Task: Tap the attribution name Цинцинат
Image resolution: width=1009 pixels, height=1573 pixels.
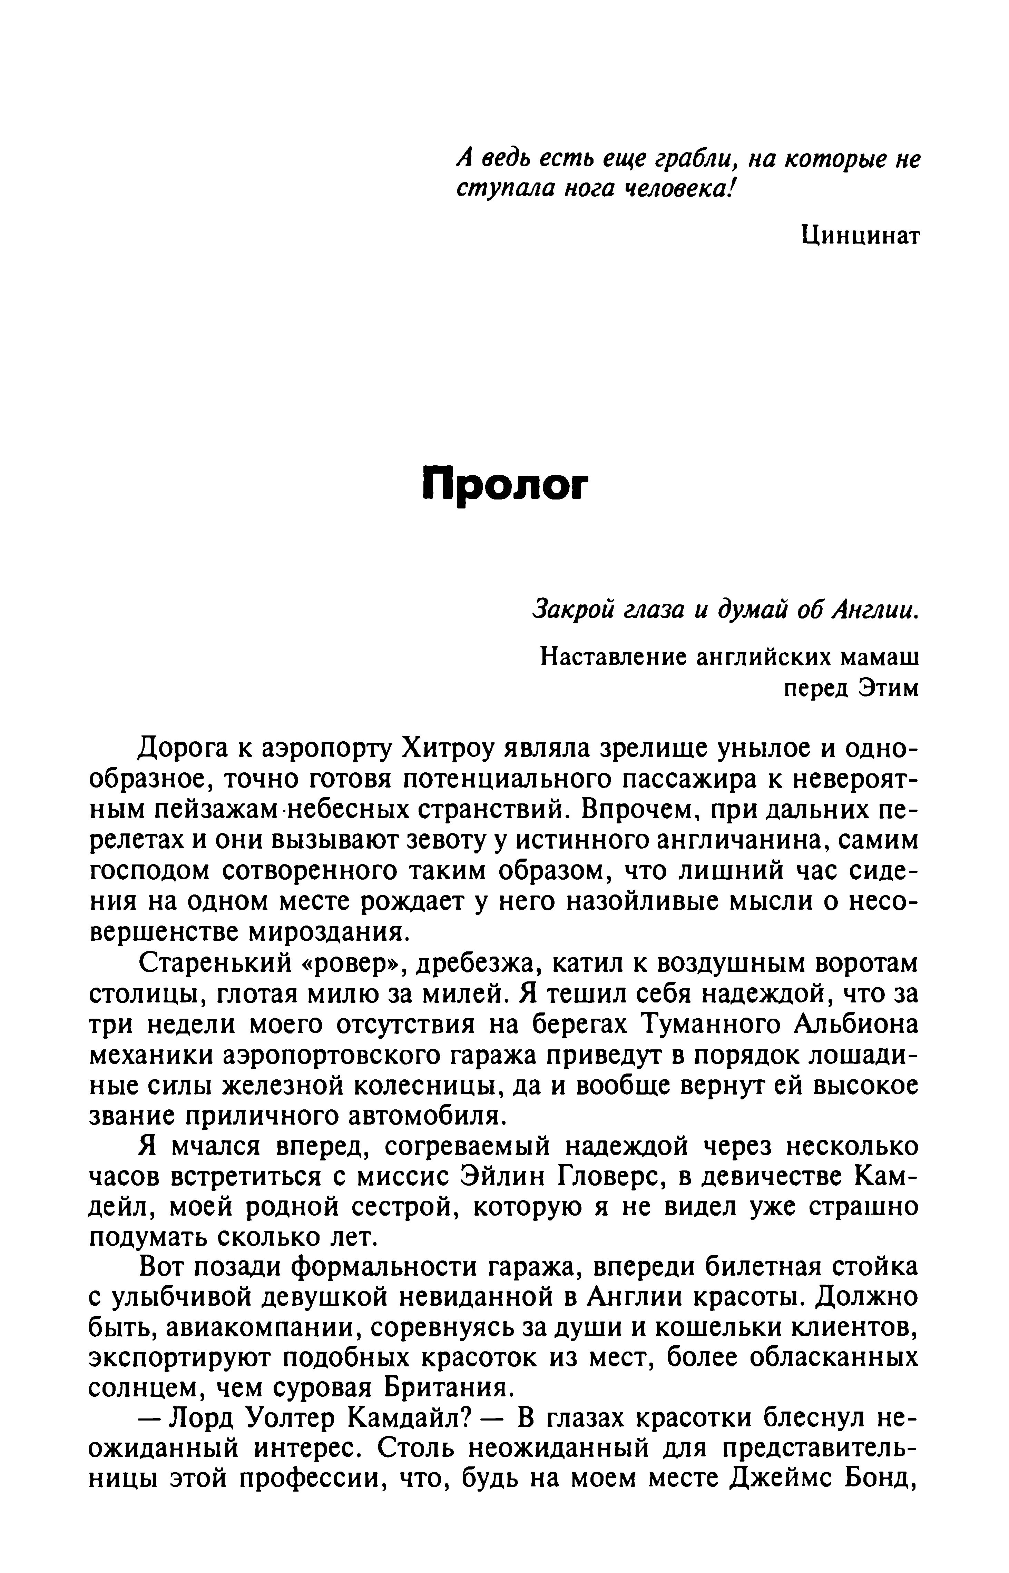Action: pos(860,235)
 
